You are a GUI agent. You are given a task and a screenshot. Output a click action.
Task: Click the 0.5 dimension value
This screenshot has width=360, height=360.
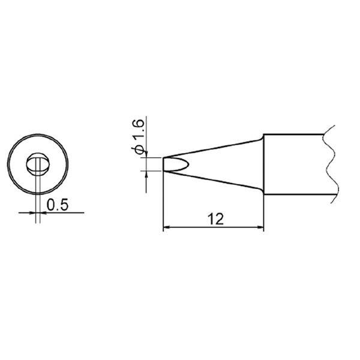click(57, 205)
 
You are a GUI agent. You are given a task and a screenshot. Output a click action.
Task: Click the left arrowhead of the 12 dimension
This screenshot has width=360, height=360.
click(167, 227)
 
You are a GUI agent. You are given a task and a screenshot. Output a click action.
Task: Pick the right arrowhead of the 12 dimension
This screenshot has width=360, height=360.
click(260, 227)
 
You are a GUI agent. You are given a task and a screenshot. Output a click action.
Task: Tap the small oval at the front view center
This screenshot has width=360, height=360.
click(38, 164)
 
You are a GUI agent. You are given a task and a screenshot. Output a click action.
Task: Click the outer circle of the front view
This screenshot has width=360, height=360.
click(11, 163)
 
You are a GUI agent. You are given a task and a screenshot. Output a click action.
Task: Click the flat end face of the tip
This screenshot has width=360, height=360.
click(164, 164)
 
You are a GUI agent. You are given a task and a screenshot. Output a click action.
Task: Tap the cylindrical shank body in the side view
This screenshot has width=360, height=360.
click(294, 163)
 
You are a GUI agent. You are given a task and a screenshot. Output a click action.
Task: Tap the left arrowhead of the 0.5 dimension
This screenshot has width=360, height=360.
click(33, 211)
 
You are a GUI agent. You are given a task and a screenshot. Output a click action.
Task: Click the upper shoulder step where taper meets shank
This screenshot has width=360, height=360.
click(263, 137)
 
